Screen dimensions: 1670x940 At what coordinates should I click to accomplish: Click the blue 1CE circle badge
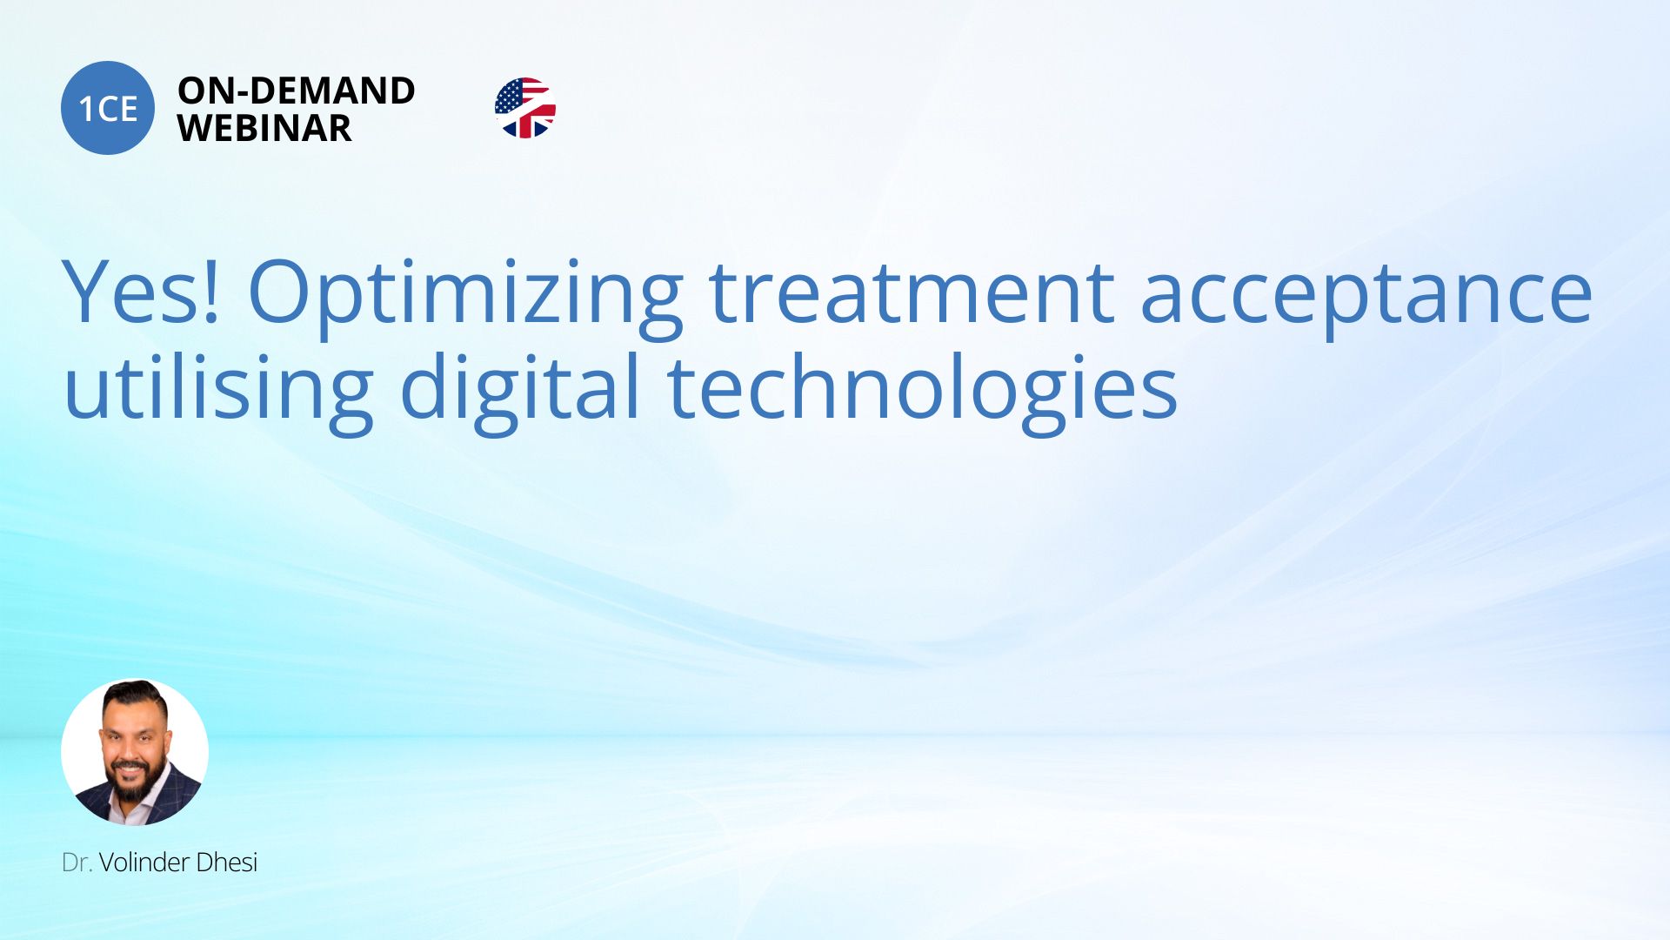(108, 108)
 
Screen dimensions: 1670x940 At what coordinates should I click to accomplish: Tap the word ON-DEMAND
(297, 91)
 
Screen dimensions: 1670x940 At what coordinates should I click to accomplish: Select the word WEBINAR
(264, 129)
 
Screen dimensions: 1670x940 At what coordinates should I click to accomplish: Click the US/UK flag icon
(525, 108)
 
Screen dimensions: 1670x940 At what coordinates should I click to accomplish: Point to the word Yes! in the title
(141, 292)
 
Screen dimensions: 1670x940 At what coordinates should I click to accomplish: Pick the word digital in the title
(520, 392)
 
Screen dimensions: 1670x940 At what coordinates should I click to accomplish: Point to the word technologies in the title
(922, 392)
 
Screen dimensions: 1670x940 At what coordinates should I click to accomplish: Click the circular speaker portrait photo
(135, 752)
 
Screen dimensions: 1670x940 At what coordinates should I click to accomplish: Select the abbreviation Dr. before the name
(77, 863)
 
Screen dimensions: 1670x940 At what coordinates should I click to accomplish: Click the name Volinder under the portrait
(144, 863)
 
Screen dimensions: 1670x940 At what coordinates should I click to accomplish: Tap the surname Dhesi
(227, 863)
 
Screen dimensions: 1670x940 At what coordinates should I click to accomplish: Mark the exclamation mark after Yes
(210, 292)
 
